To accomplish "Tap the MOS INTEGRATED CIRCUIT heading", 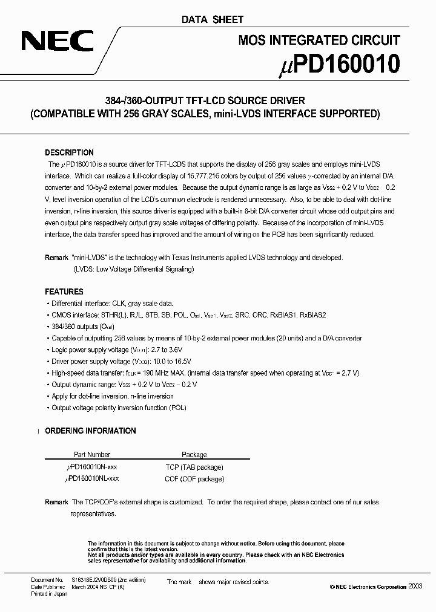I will coord(319,40).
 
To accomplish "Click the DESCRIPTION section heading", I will coord(69,153).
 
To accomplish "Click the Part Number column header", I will coord(91,454).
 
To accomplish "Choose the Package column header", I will coord(194,454).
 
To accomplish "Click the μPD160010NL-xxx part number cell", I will coord(91,478).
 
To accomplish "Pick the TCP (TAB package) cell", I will coord(194,467).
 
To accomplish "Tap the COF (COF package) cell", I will coord(194,478).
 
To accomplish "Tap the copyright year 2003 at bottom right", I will coord(417,587).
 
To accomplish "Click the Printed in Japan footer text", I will coord(50,594).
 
